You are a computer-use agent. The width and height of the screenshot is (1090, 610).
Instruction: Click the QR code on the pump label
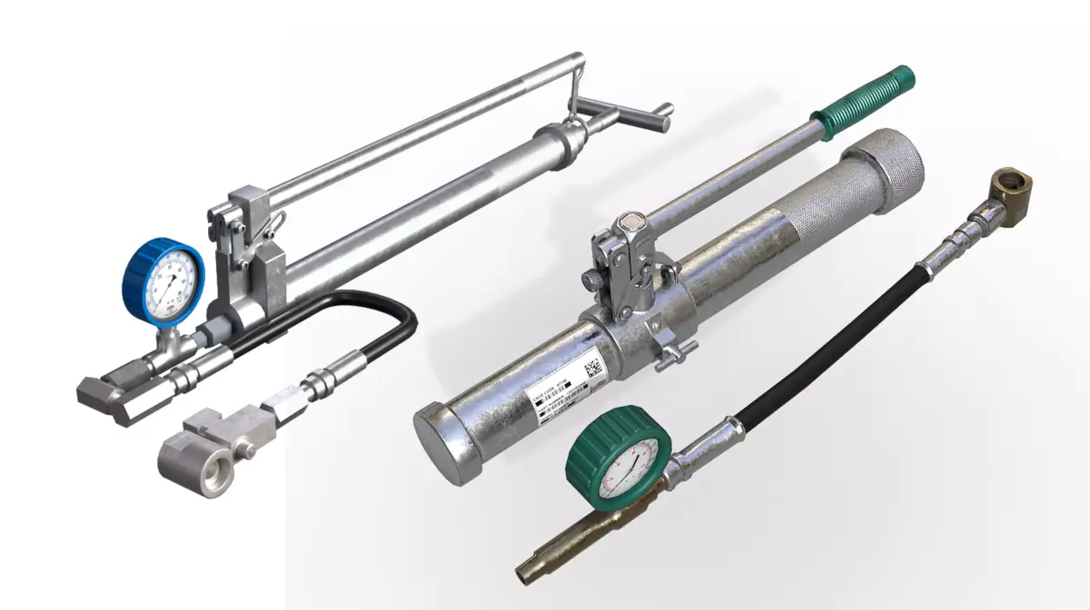pyautogui.click(x=592, y=369)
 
